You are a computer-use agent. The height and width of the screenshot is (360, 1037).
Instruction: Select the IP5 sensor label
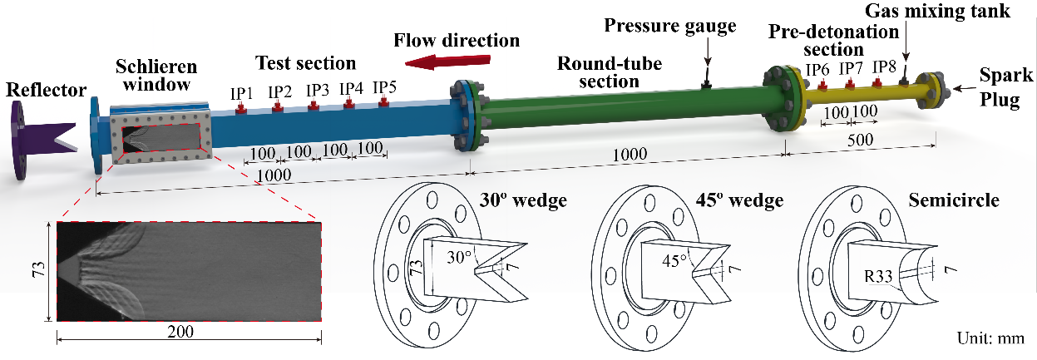[x=384, y=87]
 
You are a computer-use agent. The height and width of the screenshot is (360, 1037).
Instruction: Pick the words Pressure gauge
[x=670, y=26]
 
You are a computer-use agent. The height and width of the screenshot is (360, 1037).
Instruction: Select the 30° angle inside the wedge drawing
[x=458, y=259]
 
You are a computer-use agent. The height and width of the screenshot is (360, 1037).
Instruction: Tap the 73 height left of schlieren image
[x=39, y=271]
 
